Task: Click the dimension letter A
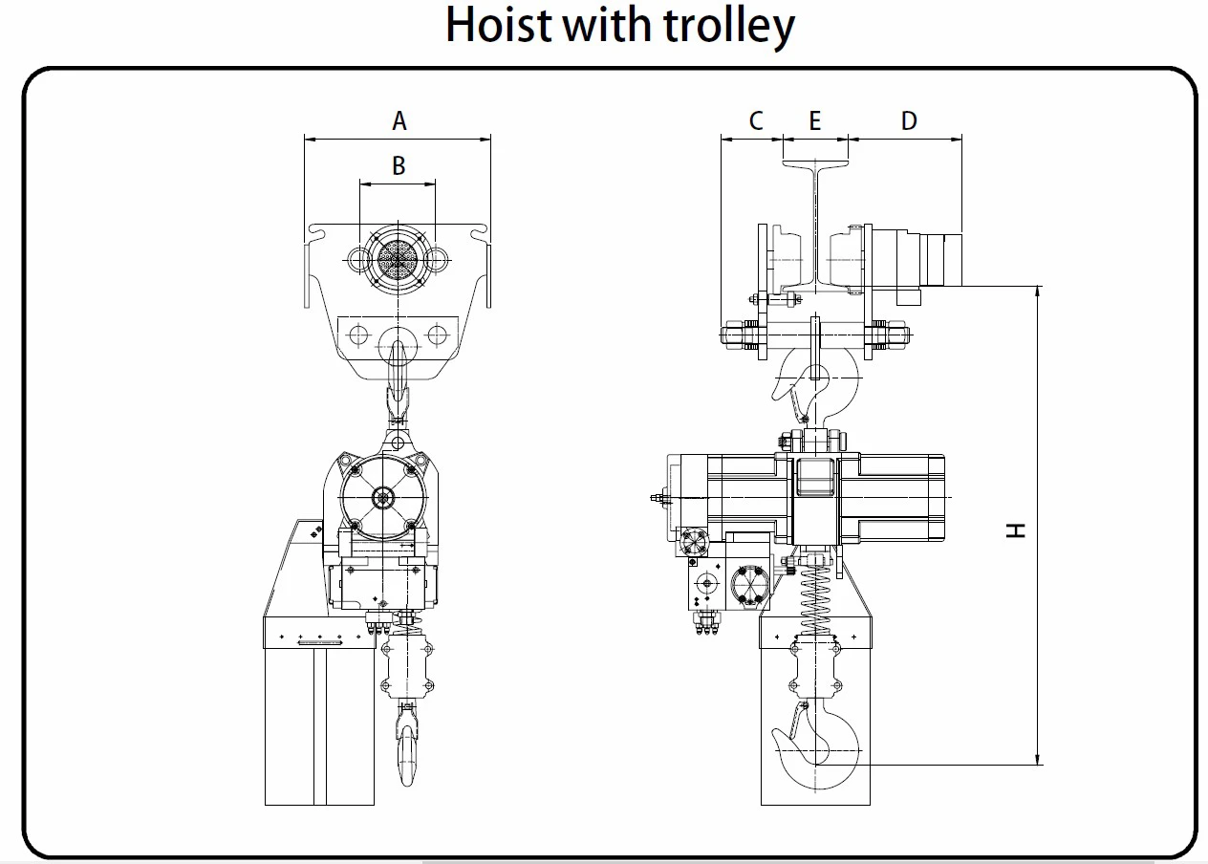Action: (399, 121)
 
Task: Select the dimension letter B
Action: (399, 166)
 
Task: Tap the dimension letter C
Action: (756, 121)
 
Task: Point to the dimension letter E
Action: (815, 121)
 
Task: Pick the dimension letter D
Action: (909, 121)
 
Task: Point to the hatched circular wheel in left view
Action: (398, 257)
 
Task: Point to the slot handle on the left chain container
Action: (319, 644)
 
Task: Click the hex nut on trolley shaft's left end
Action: (733, 335)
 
